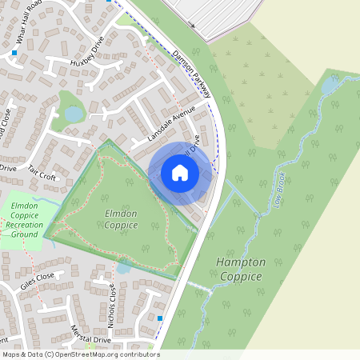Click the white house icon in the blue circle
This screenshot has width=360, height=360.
click(x=180, y=173)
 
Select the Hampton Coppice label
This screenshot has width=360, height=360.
click(x=239, y=269)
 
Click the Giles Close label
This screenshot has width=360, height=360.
click(x=38, y=277)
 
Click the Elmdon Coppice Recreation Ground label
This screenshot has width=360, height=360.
click(x=24, y=220)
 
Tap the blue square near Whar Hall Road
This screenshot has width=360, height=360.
click(x=14, y=54)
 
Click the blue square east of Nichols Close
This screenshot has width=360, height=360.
click(x=160, y=318)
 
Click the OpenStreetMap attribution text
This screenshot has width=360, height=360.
click(x=80, y=354)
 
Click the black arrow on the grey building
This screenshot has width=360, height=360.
click(x=191, y=25)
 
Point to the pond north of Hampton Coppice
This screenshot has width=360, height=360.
click(x=330, y=84)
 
